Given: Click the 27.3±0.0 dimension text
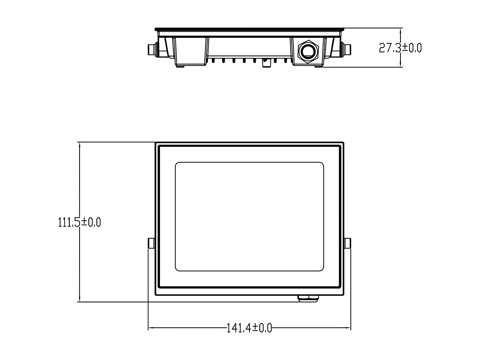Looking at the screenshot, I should click(x=400, y=48).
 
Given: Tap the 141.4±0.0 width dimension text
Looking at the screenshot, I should click(x=249, y=328).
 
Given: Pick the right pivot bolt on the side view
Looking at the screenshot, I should click(x=348, y=49).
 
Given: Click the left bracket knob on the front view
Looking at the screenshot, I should click(x=151, y=243).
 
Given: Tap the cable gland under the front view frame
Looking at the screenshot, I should click(x=309, y=298).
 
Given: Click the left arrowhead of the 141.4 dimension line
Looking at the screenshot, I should click(x=150, y=328).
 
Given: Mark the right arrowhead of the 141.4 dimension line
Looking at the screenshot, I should click(x=348, y=328).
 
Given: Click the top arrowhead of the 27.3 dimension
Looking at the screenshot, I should click(x=401, y=31).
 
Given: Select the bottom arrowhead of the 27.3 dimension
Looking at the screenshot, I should click(x=401, y=65).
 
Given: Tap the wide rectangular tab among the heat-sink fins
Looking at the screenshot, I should click(x=265, y=63).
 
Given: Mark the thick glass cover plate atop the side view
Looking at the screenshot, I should click(x=250, y=29).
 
